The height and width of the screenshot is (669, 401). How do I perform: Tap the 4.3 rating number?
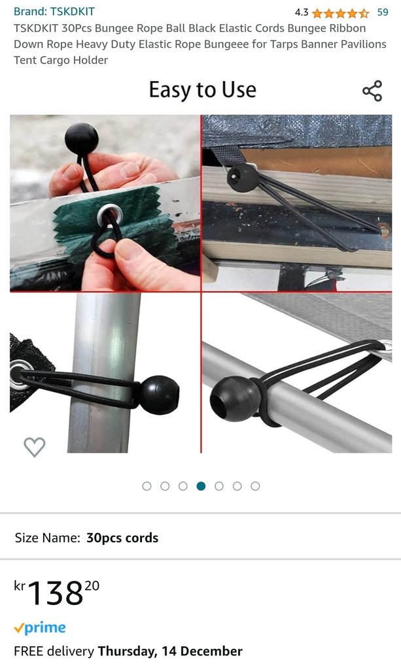click(302, 12)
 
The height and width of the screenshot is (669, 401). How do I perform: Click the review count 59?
click(383, 12)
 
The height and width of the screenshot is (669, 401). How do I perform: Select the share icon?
click(372, 90)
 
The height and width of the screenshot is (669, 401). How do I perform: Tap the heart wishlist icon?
click(34, 447)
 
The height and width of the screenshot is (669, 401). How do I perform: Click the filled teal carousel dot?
click(201, 486)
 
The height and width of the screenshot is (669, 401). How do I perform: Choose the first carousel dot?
click(147, 486)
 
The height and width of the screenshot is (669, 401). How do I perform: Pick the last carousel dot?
click(255, 486)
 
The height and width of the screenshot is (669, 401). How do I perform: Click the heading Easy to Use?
click(202, 90)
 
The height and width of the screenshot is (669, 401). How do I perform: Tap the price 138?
click(56, 593)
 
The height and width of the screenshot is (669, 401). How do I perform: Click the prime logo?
click(40, 628)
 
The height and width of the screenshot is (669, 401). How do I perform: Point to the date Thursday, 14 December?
click(170, 651)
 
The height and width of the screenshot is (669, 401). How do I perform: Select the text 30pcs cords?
click(122, 538)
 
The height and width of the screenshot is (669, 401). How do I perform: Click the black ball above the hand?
click(82, 139)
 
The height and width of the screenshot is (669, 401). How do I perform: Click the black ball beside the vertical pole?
click(160, 395)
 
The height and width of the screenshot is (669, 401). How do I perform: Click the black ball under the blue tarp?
click(243, 176)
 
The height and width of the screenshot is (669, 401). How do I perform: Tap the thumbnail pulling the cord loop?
click(105, 203)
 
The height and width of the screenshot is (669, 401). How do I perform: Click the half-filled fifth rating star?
click(364, 13)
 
